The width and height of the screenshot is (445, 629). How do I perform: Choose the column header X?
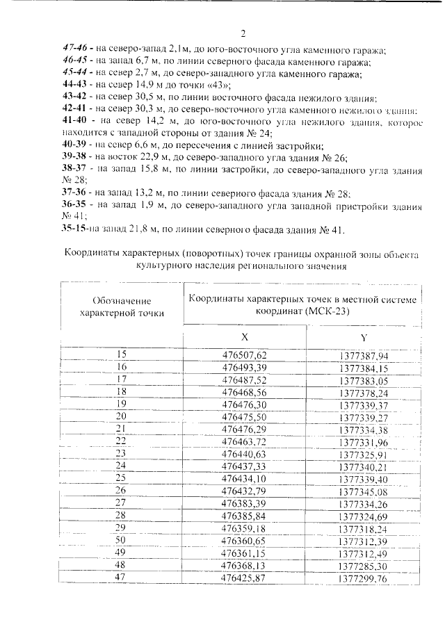[x=245, y=336]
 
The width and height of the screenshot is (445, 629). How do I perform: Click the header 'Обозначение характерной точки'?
[x=122, y=307]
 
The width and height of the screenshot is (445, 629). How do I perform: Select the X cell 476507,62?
[x=244, y=355]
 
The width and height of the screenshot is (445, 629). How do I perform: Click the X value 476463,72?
[x=244, y=441]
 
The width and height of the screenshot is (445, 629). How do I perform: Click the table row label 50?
[x=122, y=539]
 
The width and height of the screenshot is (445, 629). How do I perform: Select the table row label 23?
[x=122, y=453]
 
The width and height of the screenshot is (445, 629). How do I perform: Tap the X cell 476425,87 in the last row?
[x=244, y=577]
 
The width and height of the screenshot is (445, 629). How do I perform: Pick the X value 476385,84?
[x=244, y=515]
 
